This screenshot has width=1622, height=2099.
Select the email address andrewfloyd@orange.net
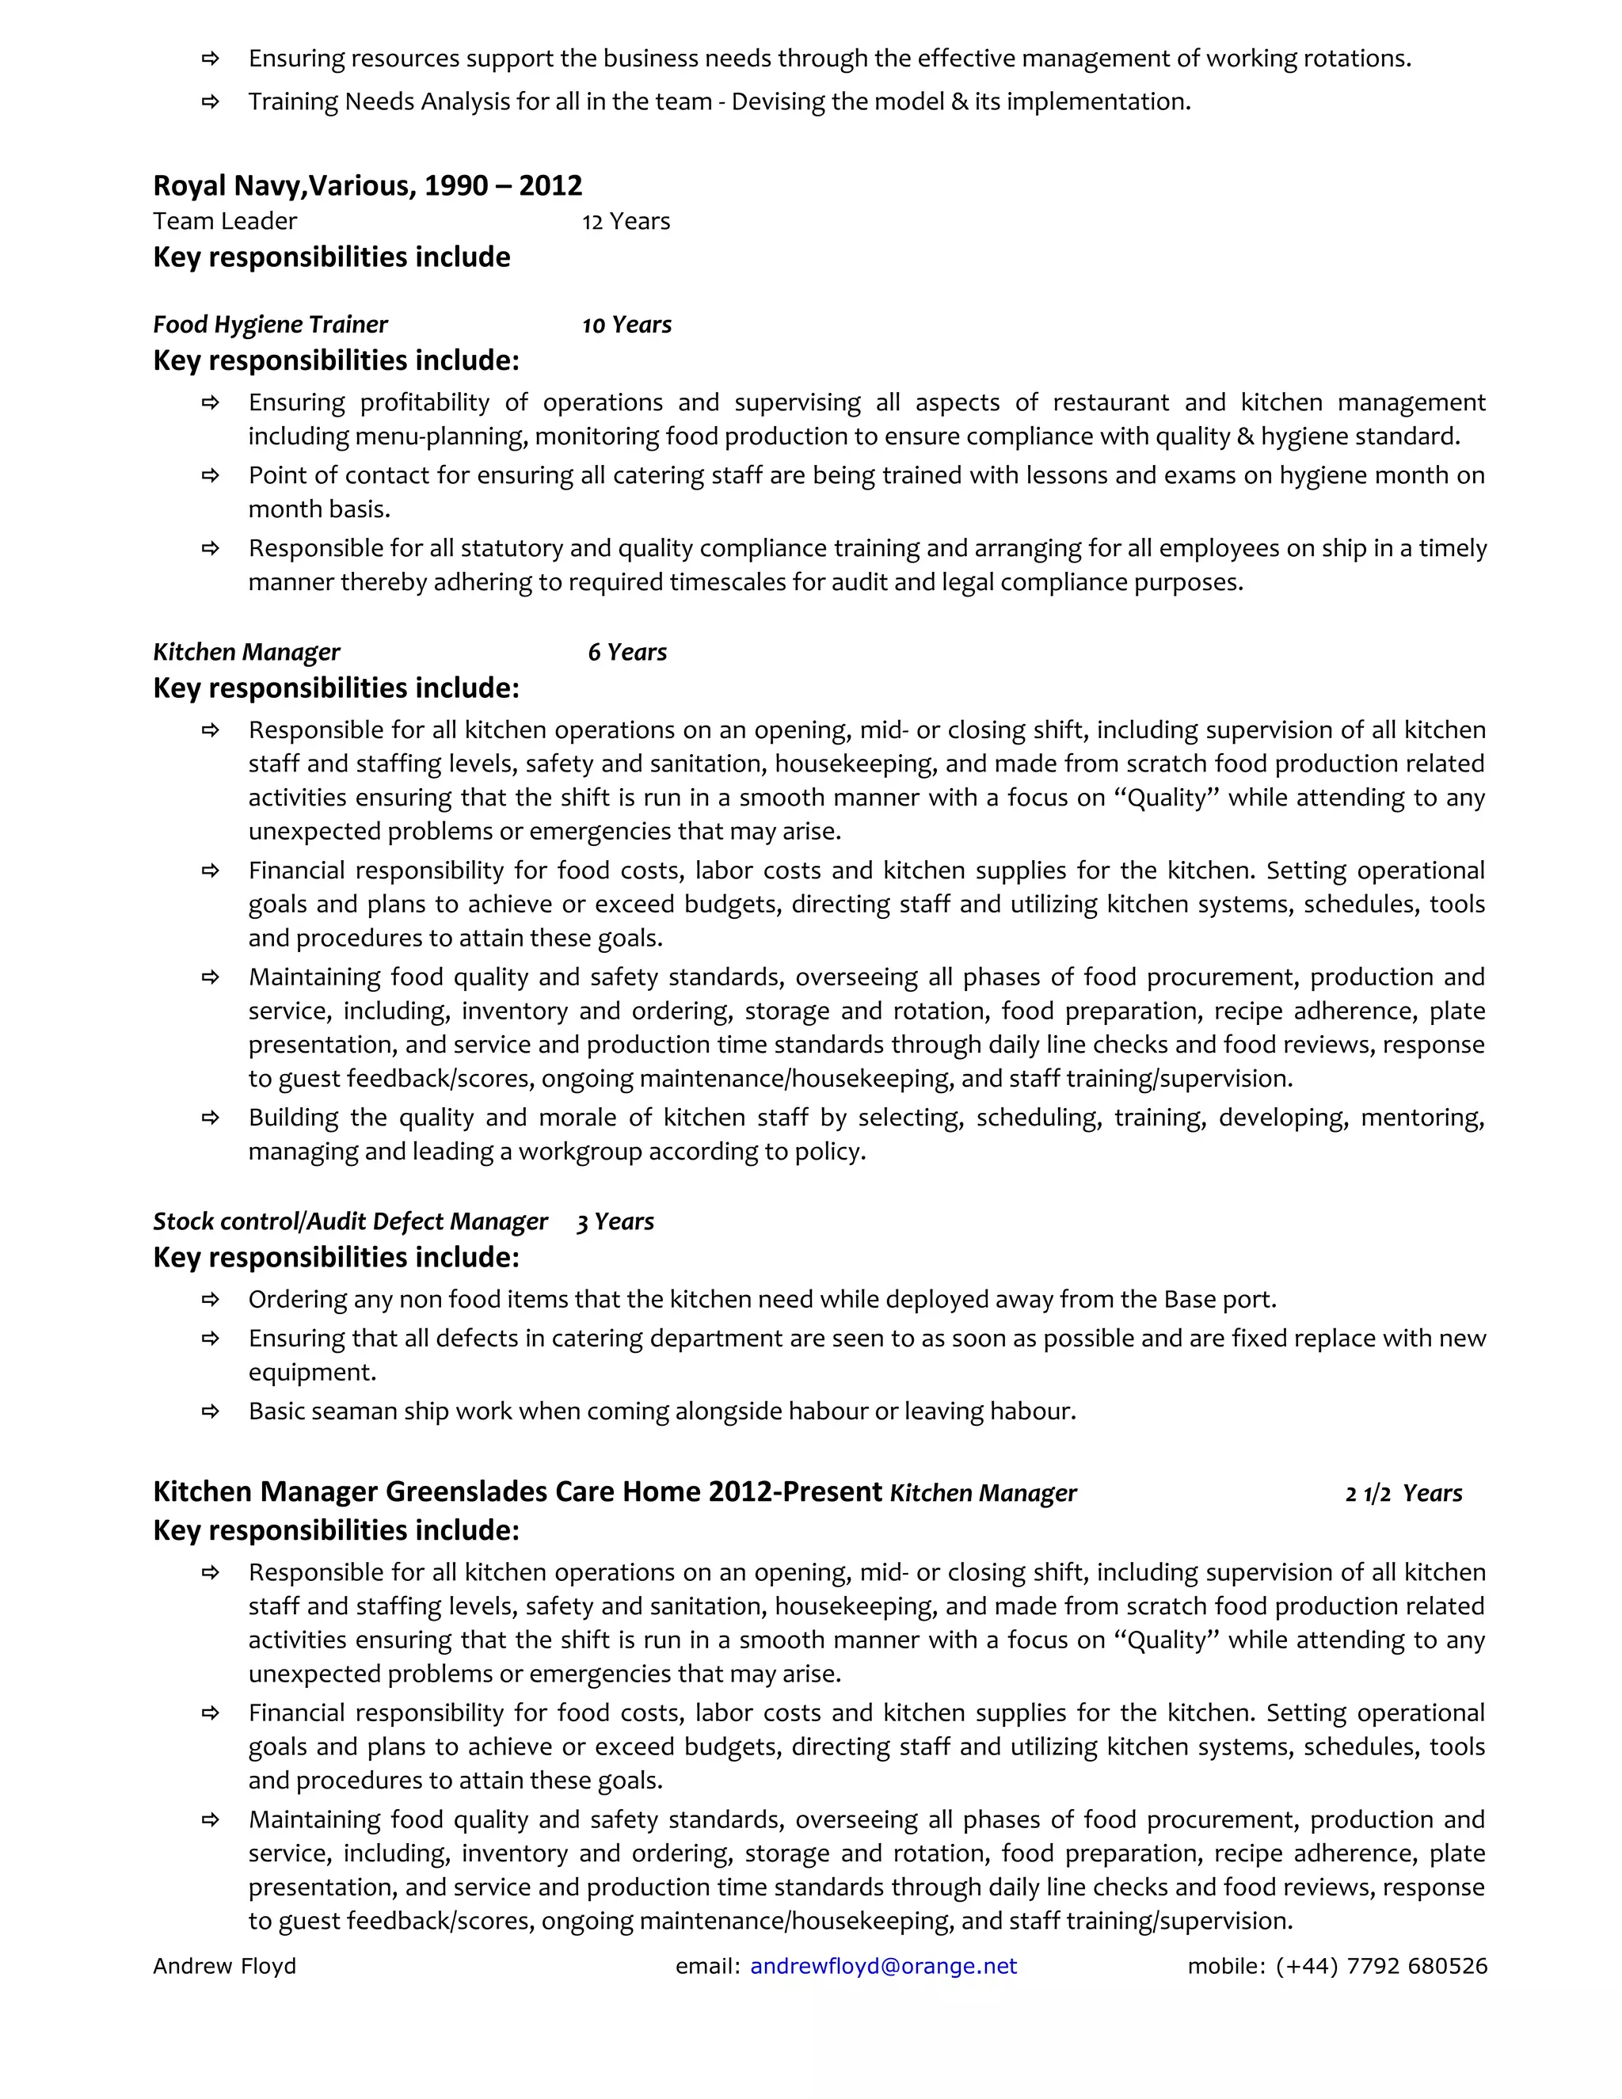pos(883,1967)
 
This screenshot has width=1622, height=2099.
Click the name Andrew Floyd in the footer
pos(224,1967)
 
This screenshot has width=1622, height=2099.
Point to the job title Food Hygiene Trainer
pos(270,325)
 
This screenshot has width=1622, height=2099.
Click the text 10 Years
pos(626,325)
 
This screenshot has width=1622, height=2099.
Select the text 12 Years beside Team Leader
pos(626,222)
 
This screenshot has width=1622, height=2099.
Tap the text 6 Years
pos(626,653)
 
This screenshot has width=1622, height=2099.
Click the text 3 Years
pos(615,1221)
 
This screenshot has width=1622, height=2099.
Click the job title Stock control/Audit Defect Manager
pos(350,1221)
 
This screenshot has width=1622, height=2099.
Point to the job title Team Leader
pos(225,222)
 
